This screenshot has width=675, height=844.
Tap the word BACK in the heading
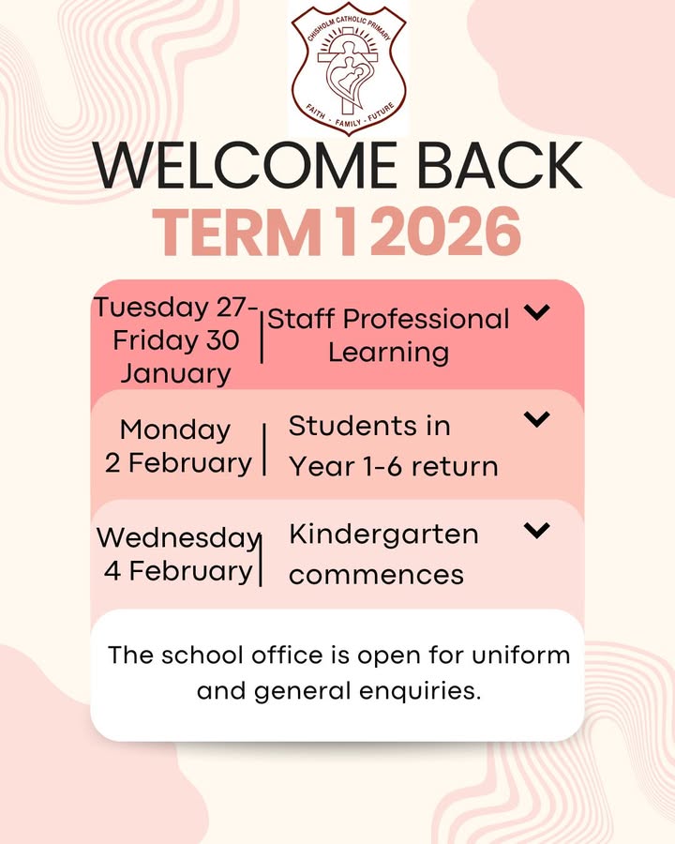pos(500,166)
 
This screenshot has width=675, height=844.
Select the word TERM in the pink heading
pos(237,232)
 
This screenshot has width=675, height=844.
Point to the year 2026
pos(445,232)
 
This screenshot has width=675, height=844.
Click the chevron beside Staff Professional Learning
pos(536,311)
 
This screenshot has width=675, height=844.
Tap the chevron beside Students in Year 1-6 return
pos(536,419)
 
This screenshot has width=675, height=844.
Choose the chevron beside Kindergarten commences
pos(536,530)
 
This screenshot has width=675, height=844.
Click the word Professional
pos(426,319)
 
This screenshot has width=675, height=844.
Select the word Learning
pos(389,354)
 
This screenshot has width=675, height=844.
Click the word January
pos(175,374)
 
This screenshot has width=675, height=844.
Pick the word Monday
pos(175,430)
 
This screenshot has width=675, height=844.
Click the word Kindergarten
pos(383,535)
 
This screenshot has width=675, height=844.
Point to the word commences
pos(376,575)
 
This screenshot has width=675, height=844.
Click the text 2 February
pos(178,463)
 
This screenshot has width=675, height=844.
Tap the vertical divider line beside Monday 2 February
pos(264,449)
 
